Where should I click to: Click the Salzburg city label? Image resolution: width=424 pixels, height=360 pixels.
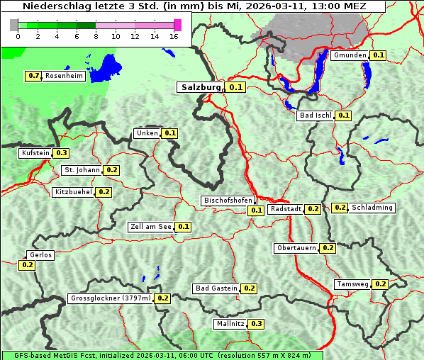[x=201, y=87]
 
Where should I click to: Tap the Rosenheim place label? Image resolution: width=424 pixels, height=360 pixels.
[x=65, y=76]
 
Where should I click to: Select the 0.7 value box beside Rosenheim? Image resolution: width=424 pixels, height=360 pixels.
[x=33, y=76]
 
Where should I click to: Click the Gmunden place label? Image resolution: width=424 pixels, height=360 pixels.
[x=350, y=55]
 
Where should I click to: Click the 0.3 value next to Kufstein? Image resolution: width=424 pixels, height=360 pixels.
[x=62, y=153]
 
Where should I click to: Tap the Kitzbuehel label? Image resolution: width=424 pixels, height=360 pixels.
[x=74, y=192]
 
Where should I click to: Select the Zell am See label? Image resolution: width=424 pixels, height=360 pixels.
[x=151, y=227]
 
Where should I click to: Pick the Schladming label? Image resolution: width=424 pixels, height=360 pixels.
[x=372, y=208]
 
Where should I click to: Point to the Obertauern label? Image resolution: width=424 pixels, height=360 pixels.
[x=296, y=248]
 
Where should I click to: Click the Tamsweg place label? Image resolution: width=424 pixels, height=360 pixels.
[x=352, y=284]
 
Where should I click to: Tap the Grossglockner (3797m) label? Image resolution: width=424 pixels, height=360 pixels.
[x=111, y=298]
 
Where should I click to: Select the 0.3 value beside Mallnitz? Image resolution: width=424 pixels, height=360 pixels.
[x=256, y=324]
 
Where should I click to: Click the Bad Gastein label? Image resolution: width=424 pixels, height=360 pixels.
[x=216, y=288]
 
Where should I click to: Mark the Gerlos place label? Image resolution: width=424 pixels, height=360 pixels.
[x=40, y=255]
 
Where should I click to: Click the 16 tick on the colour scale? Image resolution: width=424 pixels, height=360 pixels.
[x=174, y=35]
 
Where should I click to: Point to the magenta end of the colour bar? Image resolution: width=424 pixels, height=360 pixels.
[x=177, y=25]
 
